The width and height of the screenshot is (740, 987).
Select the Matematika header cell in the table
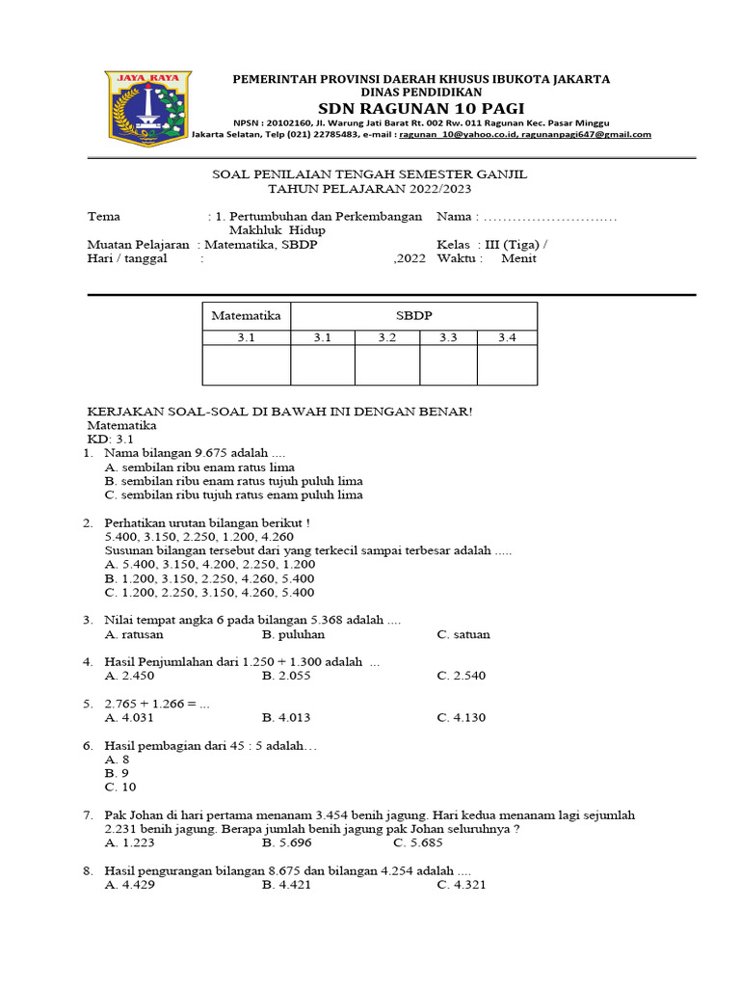tap(246, 315)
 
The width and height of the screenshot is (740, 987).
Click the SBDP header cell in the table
tap(413, 315)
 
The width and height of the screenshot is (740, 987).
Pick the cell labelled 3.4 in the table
tap(507, 337)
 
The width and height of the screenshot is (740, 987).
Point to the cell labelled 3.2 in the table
tap(387, 337)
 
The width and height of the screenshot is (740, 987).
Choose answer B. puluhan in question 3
tap(293, 634)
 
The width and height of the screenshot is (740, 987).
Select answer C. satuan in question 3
tap(463, 634)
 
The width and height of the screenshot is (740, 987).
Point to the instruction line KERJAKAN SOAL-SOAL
tap(279, 412)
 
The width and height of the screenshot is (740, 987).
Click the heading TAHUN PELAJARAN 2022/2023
tap(370, 189)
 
